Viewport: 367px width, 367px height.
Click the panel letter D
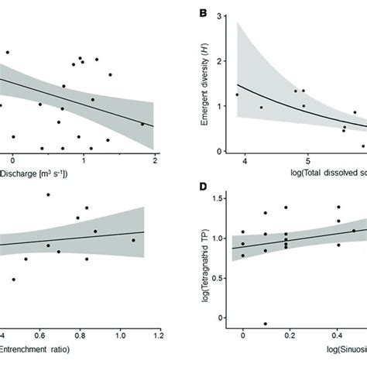tap(202, 187)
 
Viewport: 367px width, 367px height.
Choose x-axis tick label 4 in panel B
tap(245, 159)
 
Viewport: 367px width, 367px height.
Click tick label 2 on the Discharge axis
tap(155, 159)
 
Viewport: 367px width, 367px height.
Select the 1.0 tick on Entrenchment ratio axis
tap(120, 334)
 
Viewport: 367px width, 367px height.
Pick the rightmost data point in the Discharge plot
tap(142, 124)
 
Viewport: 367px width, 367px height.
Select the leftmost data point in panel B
tap(237, 94)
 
